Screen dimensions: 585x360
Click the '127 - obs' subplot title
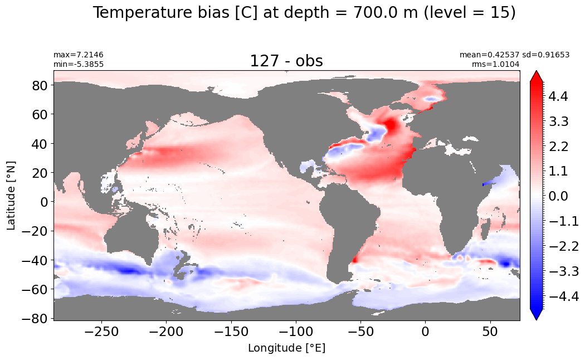(x=286, y=61)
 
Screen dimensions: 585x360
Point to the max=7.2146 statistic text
(x=79, y=55)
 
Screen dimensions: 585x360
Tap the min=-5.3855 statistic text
(x=79, y=64)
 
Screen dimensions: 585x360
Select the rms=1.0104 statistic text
(x=495, y=64)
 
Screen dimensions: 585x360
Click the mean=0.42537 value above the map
(x=489, y=55)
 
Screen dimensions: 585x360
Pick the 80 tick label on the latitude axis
(x=40, y=85)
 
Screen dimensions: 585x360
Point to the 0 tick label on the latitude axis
(x=45, y=202)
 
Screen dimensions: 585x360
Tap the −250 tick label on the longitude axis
(x=101, y=331)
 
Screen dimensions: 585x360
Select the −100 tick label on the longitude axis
(x=296, y=331)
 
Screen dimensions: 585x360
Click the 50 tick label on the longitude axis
(x=490, y=331)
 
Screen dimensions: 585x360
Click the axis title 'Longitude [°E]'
(x=286, y=348)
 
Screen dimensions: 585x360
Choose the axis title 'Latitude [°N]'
(x=11, y=195)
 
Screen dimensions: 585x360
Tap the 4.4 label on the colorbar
(x=558, y=96)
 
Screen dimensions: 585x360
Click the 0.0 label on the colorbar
(x=558, y=196)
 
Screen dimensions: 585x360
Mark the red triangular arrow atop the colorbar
(x=536, y=76)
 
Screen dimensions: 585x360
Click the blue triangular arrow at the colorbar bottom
(x=536, y=314)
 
